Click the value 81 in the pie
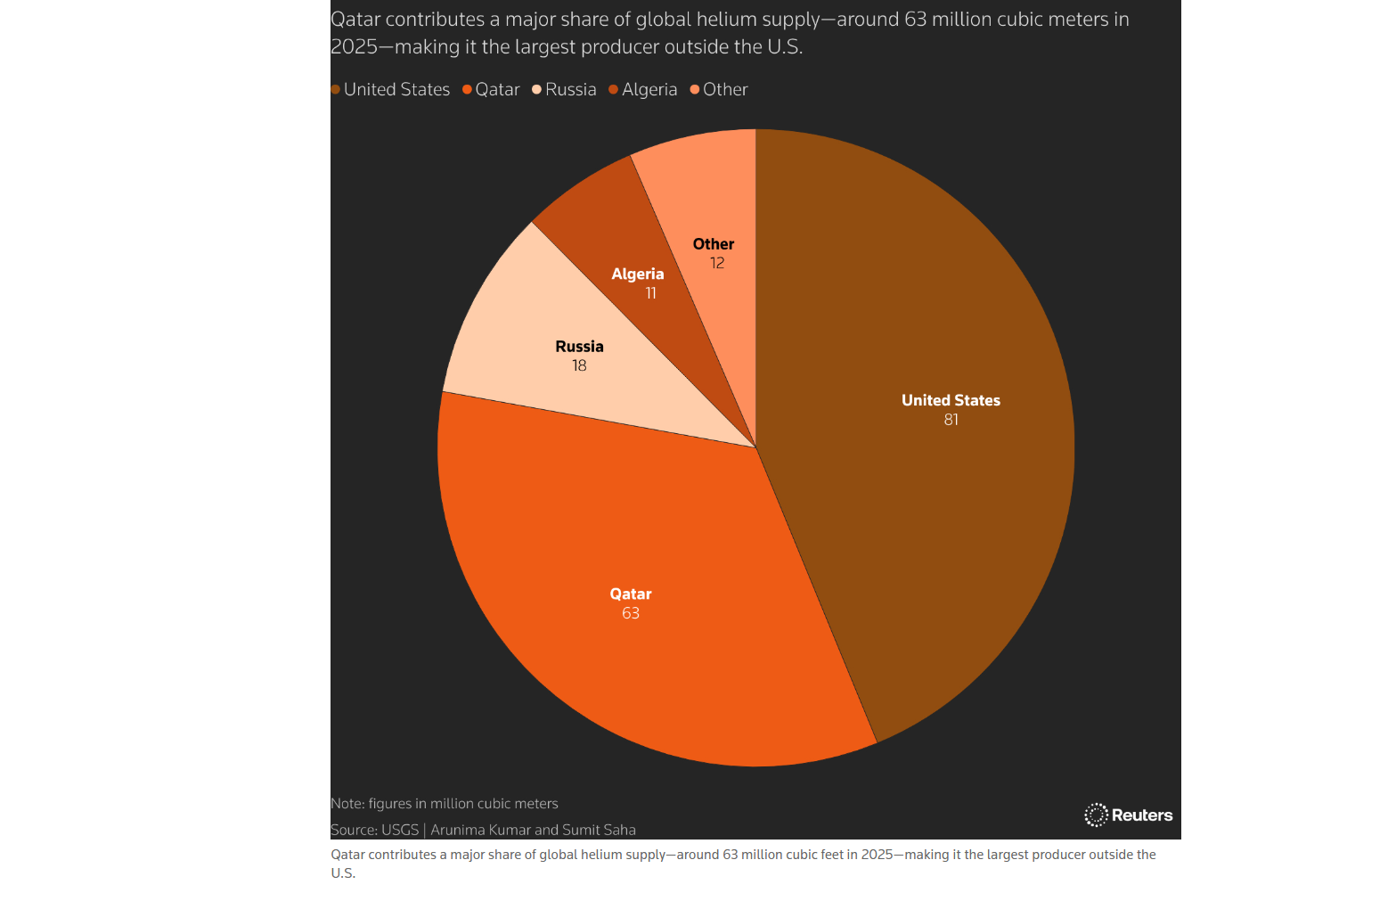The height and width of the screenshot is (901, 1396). (951, 420)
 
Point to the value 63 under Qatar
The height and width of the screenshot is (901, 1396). (631, 613)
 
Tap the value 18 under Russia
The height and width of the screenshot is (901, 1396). (579, 366)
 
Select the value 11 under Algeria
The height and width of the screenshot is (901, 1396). (650, 293)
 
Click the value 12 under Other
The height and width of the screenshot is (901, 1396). (717, 263)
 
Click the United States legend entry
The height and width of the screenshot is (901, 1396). (392, 90)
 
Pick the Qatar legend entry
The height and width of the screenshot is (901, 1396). (493, 90)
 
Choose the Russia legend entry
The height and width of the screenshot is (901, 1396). (566, 90)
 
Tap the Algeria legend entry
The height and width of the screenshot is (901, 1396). (645, 90)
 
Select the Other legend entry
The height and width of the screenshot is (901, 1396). (721, 90)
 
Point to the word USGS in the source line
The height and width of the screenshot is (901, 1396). (400, 830)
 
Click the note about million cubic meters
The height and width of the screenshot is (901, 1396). (445, 803)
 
